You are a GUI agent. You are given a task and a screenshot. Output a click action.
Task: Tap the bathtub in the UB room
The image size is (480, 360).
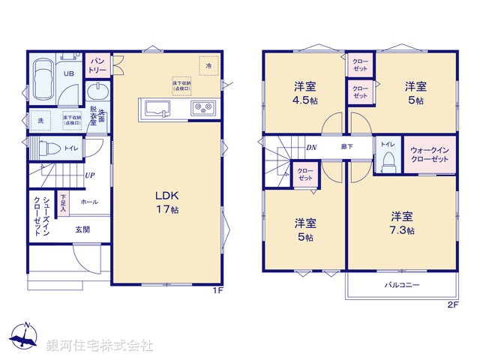41,79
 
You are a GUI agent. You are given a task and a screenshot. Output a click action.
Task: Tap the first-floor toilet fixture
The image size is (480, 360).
46,147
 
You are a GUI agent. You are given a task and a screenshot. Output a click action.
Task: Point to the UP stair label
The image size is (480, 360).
89,175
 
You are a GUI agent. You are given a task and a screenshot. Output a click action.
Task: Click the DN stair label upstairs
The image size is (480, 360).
310,147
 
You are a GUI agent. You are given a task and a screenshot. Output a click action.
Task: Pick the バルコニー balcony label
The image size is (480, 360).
402,285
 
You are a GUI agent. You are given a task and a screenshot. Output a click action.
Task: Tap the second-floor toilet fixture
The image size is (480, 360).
388,159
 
